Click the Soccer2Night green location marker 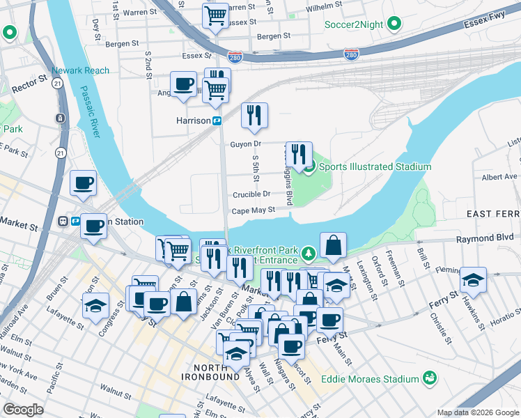pyautogui.click(x=394, y=25)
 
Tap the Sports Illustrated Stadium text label pyautogui.click(x=375, y=167)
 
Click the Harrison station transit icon pyautogui.click(x=217, y=121)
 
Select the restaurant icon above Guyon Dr pyautogui.click(x=254, y=115)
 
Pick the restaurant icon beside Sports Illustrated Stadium pyautogui.click(x=299, y=154)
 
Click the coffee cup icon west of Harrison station pyautogui.click(x=183, y=85)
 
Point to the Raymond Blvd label pyautogui.click(x=488, y=238)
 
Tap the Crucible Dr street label pyautogui.click(x=251, y=194)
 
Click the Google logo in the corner pyautogui.click(x=24, y=410)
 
